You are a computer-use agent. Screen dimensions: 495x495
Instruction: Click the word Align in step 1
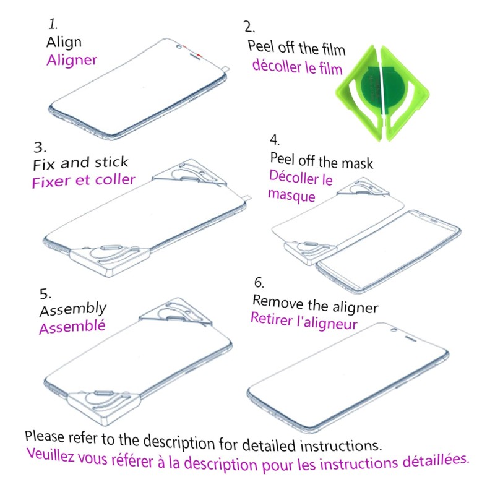coord(64,42)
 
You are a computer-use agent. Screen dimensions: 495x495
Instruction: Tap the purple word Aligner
coord(72,60)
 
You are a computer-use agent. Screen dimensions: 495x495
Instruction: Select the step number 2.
coord(249,27)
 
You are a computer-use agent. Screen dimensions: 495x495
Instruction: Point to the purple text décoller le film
coord(298,67)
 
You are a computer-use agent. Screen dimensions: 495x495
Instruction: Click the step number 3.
coord(40,147)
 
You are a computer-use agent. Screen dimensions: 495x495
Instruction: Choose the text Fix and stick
coord(80,163)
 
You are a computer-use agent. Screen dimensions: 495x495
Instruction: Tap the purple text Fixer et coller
coord(84,181)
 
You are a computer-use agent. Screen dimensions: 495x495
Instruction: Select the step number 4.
coord(275,140)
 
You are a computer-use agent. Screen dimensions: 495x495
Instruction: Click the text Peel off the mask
coord(321,161)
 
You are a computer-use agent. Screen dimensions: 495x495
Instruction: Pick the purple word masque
coord(291,195)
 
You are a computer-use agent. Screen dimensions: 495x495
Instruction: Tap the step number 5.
coord(45,293)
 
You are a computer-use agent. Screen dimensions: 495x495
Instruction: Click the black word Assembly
coord(73,309)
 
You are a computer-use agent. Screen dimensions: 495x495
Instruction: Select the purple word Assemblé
coord(72,327)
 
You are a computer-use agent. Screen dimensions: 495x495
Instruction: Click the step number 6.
coord(259,283)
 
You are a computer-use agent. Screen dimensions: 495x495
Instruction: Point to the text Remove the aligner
coord(315,304)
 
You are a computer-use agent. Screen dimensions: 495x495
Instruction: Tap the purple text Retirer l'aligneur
coord(304,321)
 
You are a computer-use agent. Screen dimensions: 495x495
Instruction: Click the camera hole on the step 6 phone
coord(394,330)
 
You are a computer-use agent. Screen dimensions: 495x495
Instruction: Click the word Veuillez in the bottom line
coord(50,455)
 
